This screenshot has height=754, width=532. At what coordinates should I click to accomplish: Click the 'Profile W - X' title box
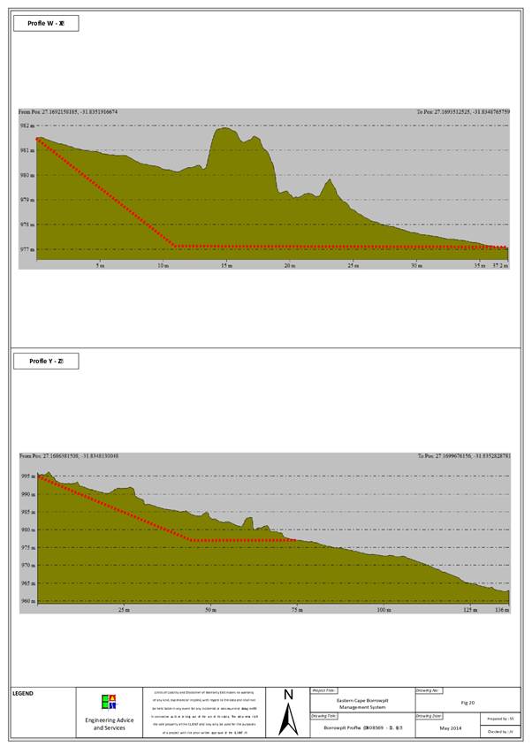(x=46, y=23)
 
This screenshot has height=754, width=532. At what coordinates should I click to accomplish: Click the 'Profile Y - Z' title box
(x=46, y=361)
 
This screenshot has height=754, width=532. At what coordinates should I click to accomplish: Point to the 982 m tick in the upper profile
(x=27, y=126)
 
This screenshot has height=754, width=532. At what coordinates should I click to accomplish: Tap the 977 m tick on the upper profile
(x=27, y=249)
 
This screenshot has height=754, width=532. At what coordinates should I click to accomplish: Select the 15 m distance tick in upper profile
(x=226, y=265)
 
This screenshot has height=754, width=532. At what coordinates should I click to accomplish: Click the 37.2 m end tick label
(x=500, y=265)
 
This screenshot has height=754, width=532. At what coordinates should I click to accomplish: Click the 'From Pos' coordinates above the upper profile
(x=69, y=112)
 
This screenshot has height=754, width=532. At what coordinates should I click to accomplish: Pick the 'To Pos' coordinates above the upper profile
(x=463, y=112)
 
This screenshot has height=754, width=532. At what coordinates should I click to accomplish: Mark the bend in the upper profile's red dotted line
(x=175, y=246)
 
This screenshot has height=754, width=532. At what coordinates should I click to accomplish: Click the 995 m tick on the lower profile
(x=27, y=476)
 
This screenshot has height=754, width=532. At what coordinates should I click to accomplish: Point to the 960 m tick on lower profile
(x=27, y=601)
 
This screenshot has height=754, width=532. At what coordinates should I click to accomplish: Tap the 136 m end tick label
(x=502, y=610)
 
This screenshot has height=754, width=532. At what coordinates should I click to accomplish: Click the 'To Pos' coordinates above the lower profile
(x=463, y=456)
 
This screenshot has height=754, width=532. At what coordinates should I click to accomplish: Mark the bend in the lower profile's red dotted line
(x=192, y=540)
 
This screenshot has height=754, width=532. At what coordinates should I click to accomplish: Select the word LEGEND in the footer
(x=24, y=693)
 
